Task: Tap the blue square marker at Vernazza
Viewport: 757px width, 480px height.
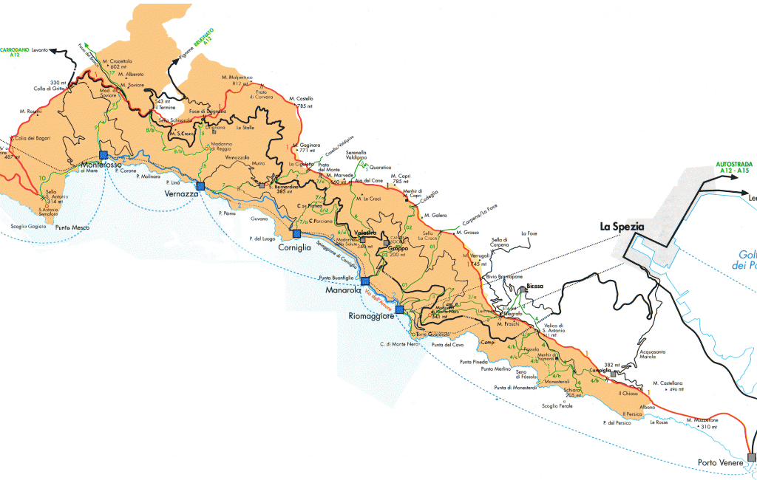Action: [200, 185]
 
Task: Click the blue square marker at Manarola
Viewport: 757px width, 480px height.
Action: [364, 281]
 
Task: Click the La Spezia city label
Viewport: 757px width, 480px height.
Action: [622, 227]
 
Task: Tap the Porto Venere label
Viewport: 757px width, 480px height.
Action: [719, 464]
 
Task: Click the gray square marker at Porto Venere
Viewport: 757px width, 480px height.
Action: [752, 457]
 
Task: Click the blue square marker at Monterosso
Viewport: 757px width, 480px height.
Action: [103, 155]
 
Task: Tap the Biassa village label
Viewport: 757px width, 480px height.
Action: [534, 286]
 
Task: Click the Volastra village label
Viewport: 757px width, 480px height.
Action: [365, 233]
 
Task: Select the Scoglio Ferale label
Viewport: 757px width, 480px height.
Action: [557, 405]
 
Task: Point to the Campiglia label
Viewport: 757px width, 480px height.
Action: [601, 370]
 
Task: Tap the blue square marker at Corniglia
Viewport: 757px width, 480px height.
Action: [296, 233]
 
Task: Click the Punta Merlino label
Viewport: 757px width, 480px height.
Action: [496, 368]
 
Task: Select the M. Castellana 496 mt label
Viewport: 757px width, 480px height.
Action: [668, 385]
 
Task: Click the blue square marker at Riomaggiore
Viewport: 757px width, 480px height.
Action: [399, 309]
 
